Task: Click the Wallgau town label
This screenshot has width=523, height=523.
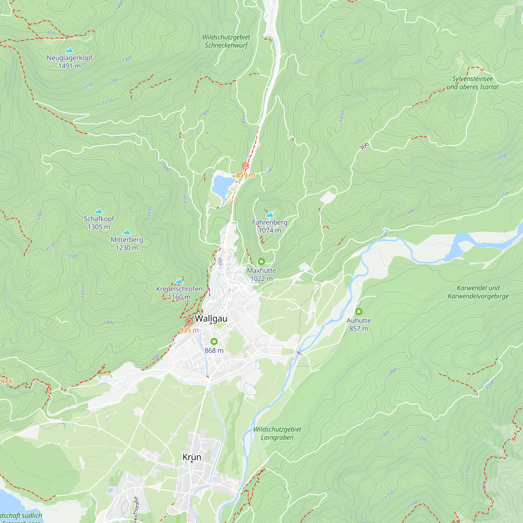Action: pyautogui.click(x=211, y=318)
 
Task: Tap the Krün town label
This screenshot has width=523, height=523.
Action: pyautogui.click(x=192, y=457)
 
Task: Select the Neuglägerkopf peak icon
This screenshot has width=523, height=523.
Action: pyautogui.click(x=70, y=50)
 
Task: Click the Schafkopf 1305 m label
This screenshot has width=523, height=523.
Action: pyautogui.click(x=99, y=223)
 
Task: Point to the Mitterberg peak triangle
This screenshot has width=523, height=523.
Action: pyautogui.click(x=127, y=232)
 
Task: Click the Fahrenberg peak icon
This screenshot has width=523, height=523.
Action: pyautogui.click(x=270, y=215)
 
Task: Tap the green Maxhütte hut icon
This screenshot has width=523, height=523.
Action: pyautogui.click(x=261, y=261)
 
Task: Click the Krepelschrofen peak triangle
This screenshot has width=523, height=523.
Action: pyautogui.click(x=179, y=281)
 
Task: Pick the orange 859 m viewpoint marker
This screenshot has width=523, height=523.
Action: pyautogui.click(x=246, y=166)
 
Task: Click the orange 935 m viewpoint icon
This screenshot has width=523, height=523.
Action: pyautogui.click(x=189, y=321)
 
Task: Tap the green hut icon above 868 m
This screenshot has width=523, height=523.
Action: pyautogui.click(x=214, y=341)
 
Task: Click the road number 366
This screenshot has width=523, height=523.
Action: pyautogui.click(x=364, y=146)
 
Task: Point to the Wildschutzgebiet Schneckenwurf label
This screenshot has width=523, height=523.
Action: pyautogui.click(x=226, y=41)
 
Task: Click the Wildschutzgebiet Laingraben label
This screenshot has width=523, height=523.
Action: pyautogui.click(x=277, y=433)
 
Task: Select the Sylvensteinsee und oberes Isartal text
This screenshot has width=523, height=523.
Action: pyautogui.click(x=472, y=83)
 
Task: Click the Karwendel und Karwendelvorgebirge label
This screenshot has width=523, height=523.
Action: pyautogui.click(x=478, y=292)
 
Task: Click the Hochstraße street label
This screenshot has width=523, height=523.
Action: pyautogui.click(x=136, y=509)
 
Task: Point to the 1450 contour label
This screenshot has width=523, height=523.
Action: pyautogui.click(x=49, y=32)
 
